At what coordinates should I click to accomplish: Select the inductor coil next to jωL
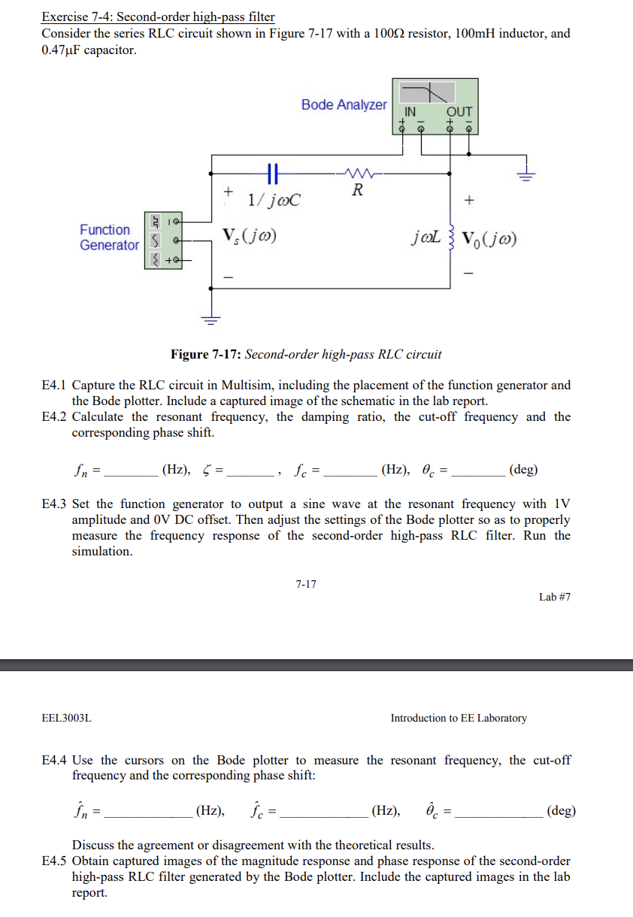451,239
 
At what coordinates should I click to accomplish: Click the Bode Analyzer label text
344,105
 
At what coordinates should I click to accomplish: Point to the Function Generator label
109,238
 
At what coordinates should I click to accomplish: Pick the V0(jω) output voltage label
490,240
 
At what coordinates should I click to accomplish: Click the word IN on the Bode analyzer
411,110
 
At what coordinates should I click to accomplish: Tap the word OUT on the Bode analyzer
459,110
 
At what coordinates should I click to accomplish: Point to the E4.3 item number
55,504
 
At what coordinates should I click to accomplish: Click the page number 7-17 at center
306,583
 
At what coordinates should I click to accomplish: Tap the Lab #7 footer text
555,597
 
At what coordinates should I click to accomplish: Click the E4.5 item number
55,861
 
